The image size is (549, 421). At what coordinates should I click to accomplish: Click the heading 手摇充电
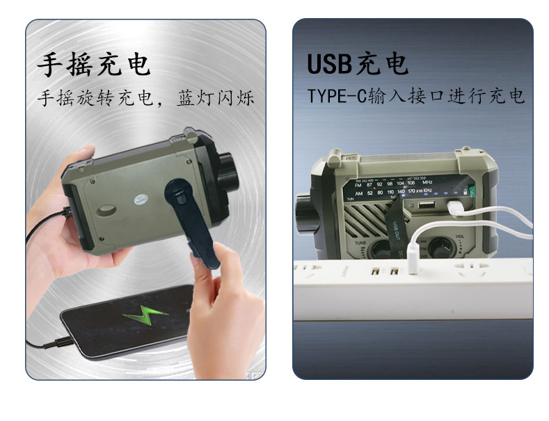click(93, 64)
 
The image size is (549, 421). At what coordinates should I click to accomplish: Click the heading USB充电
click(357, 64)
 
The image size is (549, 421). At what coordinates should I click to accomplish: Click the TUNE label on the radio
click(361, 243)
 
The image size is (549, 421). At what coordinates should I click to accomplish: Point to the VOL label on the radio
click(459, 237)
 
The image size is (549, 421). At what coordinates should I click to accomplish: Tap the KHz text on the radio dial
click(429, 189)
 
